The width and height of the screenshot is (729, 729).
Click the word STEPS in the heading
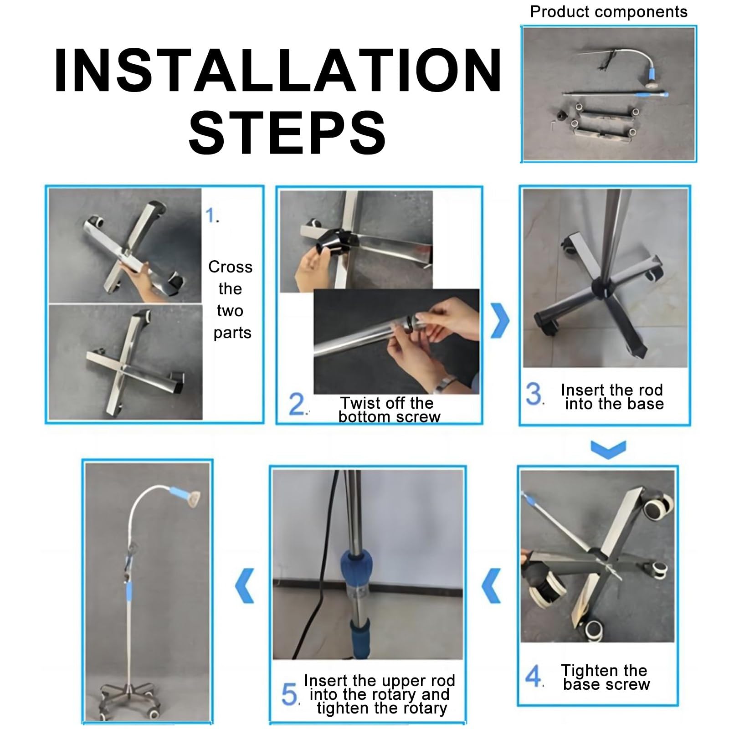287,132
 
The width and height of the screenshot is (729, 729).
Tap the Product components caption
609,12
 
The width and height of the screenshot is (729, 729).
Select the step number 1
212,216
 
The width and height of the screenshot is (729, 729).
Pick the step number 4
534,676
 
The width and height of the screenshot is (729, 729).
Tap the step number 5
290,695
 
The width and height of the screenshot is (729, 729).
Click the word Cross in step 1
230,267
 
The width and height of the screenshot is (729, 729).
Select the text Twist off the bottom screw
389,410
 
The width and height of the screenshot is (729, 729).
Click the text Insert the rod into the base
613,397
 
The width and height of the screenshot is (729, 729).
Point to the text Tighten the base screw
606,678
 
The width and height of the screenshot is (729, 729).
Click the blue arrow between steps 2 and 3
500,320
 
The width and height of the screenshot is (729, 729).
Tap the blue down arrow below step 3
608,449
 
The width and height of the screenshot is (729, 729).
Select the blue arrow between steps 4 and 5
492,585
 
